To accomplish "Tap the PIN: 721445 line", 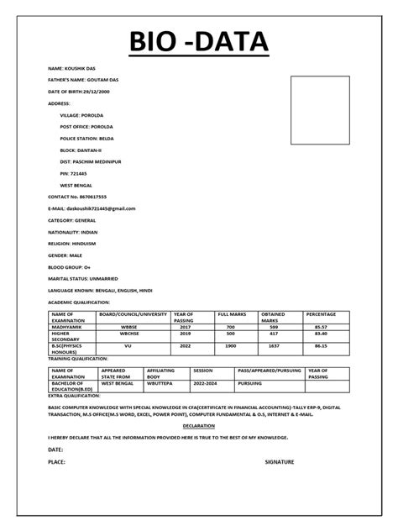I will [x=73, y=172].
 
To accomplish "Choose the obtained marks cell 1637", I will [x=273, y=344].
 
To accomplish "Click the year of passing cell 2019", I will [x=185, y=334].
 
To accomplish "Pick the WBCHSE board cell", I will [x=128, y=334].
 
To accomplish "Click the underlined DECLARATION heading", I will [x=198, y=426].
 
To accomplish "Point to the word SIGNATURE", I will [x=280, y=462].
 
